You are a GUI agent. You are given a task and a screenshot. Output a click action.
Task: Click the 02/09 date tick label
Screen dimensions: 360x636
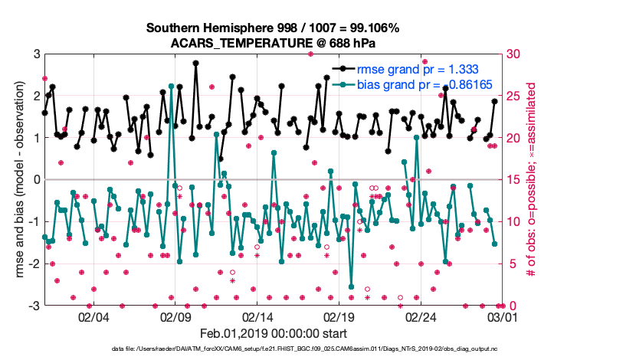pos(175,317)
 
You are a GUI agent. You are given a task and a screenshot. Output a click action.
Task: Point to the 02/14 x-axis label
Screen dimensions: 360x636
pos(257,317)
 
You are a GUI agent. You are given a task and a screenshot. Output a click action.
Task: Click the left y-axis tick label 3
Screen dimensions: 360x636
pos(36,54)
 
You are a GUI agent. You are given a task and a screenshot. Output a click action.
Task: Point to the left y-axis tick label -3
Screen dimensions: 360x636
pos(33,306)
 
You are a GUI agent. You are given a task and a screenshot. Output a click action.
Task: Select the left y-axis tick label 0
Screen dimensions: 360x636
pos(36,180)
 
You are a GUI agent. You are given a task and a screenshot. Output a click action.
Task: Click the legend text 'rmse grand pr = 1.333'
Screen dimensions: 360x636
pos(412,69)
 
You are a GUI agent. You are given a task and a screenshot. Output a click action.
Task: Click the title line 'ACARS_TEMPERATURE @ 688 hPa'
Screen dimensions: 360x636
pos(274,43)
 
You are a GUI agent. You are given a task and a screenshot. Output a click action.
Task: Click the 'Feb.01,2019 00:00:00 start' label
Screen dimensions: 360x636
pos(274,334)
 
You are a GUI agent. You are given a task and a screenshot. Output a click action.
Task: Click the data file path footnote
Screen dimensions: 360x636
pos(274,350)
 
